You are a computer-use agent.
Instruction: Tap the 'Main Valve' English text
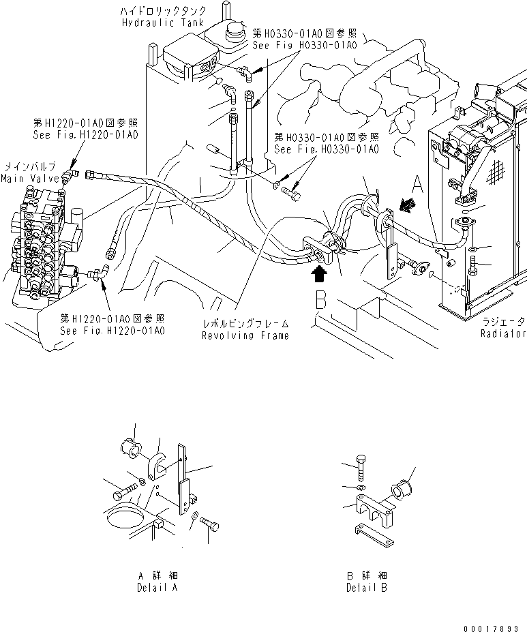(20, 179)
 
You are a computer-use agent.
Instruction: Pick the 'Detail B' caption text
(367, 587)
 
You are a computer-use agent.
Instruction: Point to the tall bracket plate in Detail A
(183, 477)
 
